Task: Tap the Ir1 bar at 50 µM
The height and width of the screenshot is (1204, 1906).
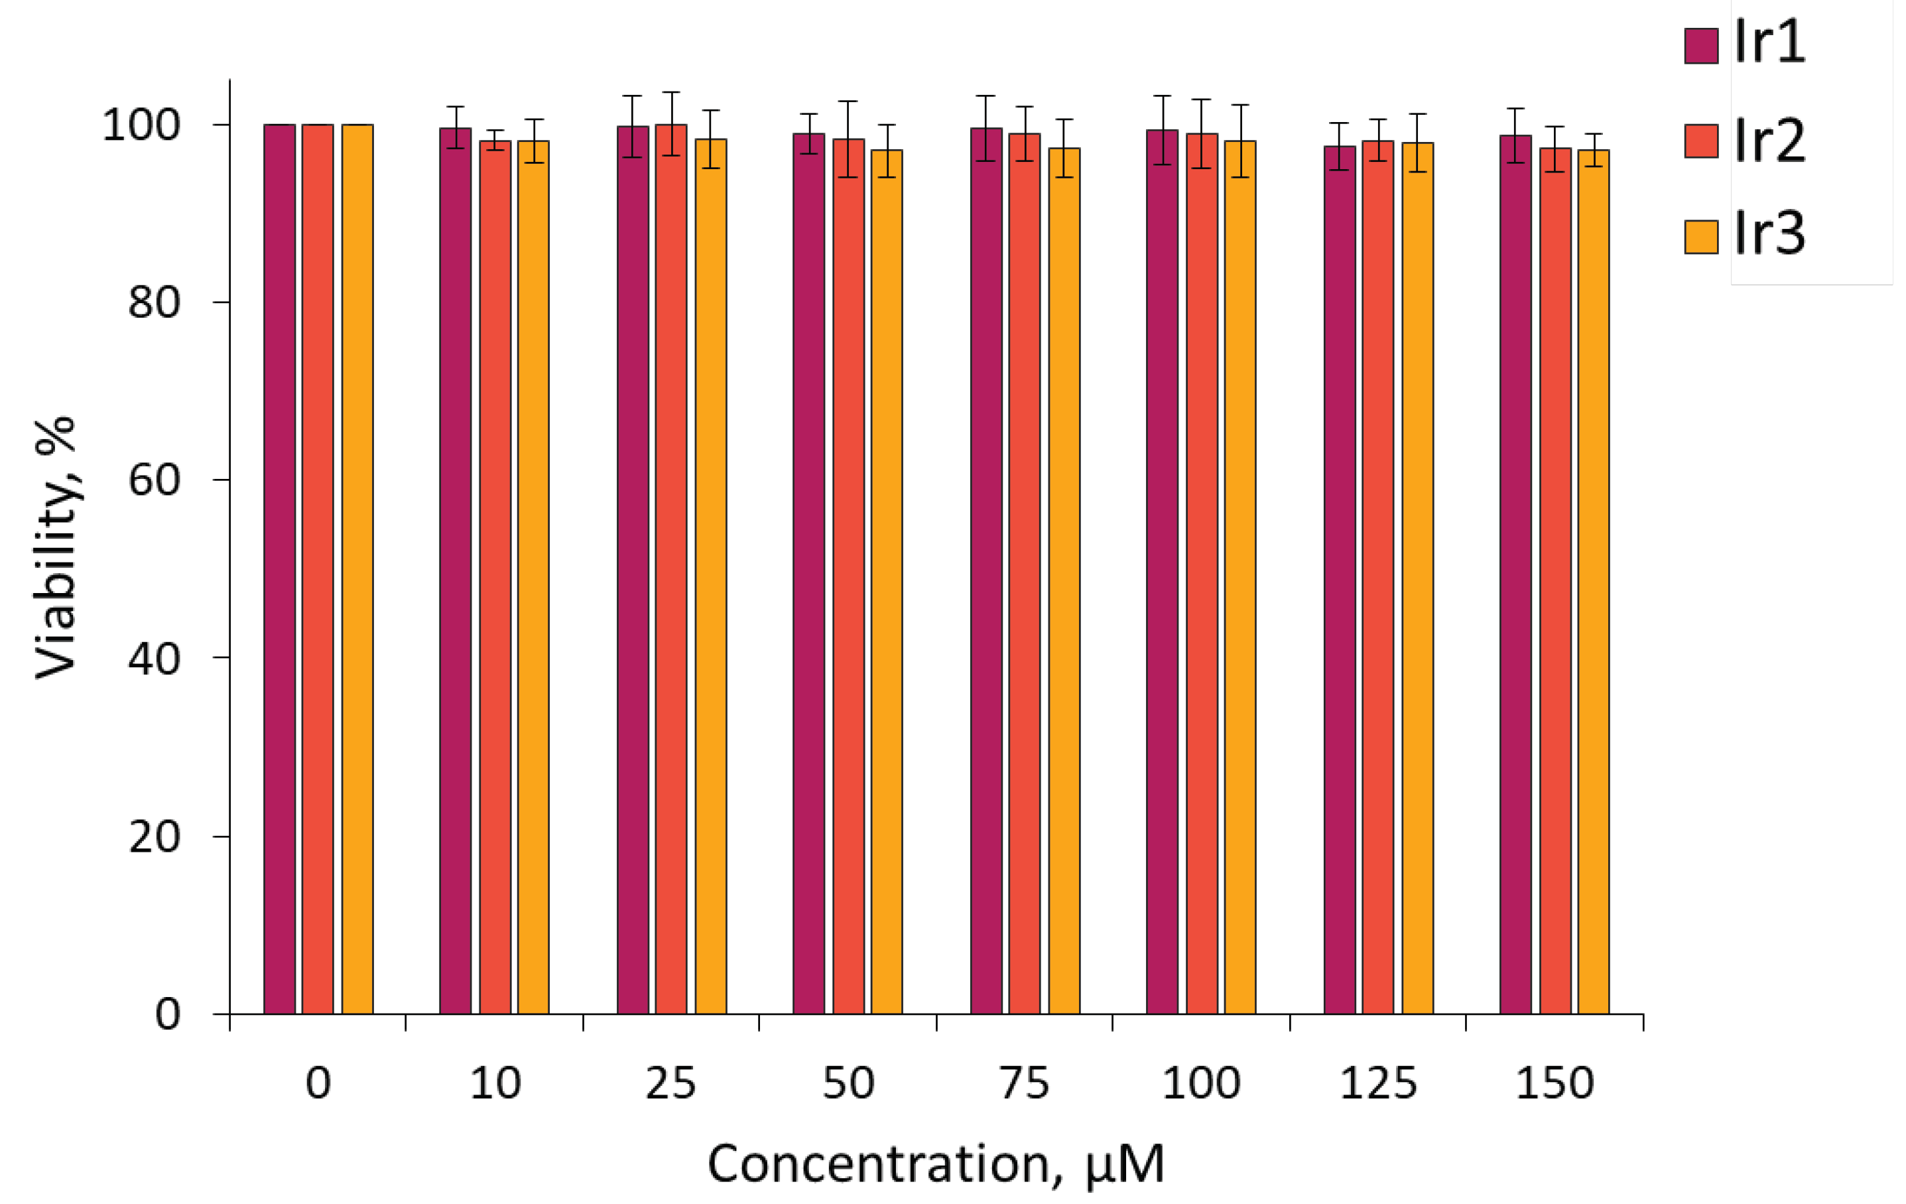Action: click(x=809, y=573)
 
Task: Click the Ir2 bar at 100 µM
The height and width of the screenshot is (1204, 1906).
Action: click(x=1202, y=573)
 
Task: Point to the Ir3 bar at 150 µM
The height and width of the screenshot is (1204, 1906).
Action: click(x=1594, y=581)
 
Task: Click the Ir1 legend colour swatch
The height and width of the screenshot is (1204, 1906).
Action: click(x=1701, y=45)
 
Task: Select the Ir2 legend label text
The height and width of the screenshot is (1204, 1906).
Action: click(x=1770, y=141)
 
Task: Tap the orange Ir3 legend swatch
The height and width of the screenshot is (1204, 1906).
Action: click(x=1701, y=237)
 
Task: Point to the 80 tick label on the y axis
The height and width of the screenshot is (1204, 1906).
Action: click(x=154, y=302)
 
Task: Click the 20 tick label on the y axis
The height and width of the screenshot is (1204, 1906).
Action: click(x=154, y=836)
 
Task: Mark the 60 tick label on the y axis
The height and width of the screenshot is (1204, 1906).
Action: click(x=154, y=480)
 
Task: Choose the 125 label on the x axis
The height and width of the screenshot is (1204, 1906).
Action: click(x=1378, y=1083)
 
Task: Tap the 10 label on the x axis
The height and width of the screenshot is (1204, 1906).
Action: click(x=495, y=1083)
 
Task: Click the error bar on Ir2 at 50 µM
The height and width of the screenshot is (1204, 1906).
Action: click(x=848, y=139)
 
